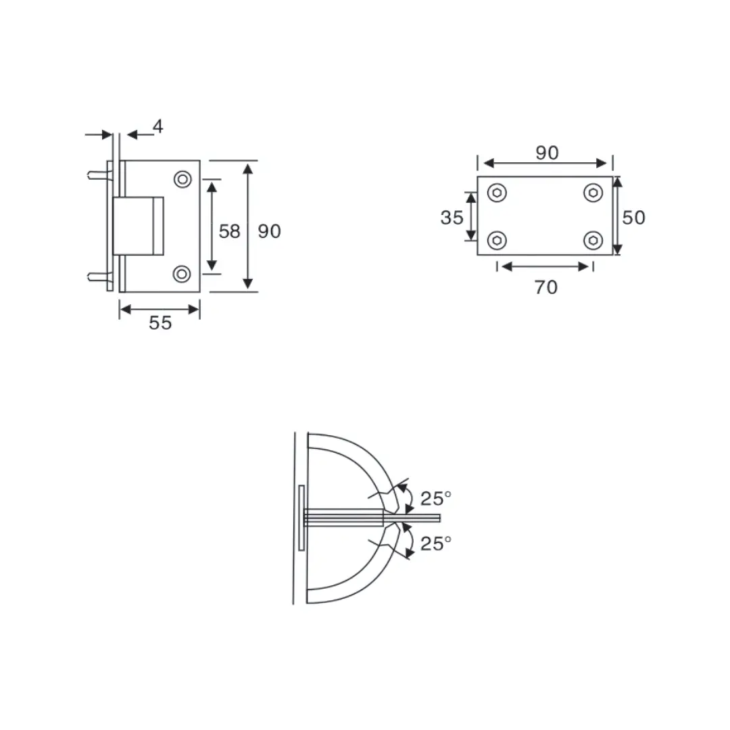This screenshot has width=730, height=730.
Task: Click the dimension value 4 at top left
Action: coord(157,126)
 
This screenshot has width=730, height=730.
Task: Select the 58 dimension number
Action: coord(229,231)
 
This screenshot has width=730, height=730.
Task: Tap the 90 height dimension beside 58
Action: coord(269,231)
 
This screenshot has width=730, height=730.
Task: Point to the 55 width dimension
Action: coord(160,323)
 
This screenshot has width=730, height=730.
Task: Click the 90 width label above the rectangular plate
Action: coord(547,153)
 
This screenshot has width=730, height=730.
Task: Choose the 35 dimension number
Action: coord(452,218)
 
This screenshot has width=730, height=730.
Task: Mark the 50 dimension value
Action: coord(634,217)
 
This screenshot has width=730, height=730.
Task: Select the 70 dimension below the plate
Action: coord(546,287)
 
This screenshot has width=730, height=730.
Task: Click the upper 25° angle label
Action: coord(435,499)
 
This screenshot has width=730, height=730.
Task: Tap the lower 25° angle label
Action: coord(435,543)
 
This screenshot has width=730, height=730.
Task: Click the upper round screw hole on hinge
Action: coord(182,179)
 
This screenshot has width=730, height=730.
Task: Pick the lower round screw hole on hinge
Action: coord(182,274)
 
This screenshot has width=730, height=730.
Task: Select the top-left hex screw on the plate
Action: coord(497,193)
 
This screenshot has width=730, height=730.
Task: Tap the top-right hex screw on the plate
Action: coord(593,193)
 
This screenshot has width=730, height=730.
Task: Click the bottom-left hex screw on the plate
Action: coord(497,240)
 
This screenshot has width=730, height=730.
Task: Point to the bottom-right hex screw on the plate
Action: coord(593,240)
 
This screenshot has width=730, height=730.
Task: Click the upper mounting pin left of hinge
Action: coord(97,174)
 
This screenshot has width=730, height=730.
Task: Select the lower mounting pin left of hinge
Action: coord(97,275)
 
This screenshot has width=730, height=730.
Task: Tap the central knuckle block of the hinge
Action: coord(139,226)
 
